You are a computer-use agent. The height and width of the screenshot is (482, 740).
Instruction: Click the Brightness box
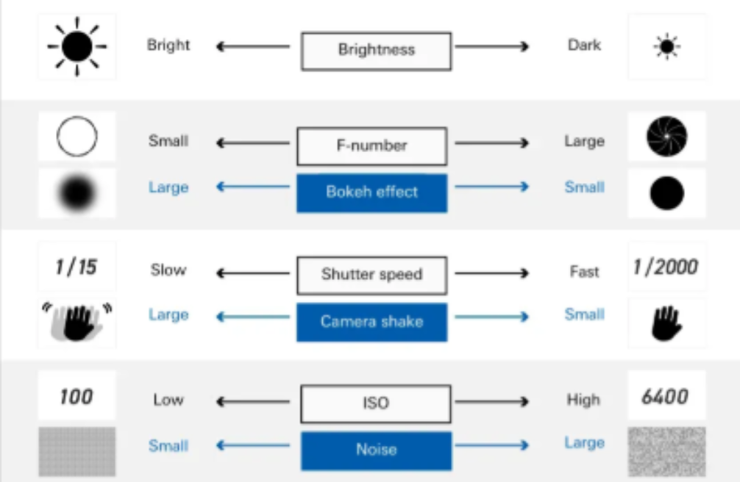[x=376, y=50]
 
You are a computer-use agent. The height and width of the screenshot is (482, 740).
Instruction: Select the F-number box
[x=371, y=145]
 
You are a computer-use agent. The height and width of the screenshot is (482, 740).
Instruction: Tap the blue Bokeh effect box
[x=371, y=193]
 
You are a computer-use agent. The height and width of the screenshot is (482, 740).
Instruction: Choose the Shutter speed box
[x=371, y=275]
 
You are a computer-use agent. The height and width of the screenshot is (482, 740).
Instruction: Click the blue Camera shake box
[x=371, y=322]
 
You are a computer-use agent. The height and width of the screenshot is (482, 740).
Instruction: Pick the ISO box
[x=376, y=403]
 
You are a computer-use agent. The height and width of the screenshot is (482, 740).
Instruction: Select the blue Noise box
[x=376, y=450]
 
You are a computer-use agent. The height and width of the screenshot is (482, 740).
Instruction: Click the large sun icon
[x=77, y=46]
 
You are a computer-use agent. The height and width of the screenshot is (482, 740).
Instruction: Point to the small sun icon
[x=666, y=47]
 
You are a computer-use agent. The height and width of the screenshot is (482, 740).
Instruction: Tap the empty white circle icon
[x=77, y=137]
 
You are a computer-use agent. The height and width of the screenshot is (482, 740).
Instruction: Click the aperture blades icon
[x=666, y=136]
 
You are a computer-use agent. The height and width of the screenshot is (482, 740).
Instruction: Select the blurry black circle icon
[x=77, y=193]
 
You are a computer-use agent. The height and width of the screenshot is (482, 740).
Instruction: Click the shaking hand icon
[x=77, y=321]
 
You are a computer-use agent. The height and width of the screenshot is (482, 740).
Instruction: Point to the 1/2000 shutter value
[x=666, y=266]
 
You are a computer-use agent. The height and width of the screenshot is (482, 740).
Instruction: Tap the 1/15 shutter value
[x=76, y=266]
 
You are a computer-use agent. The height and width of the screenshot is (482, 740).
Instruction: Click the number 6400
[x=665, y=398]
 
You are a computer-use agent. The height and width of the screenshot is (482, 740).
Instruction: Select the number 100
[x=76, y=398]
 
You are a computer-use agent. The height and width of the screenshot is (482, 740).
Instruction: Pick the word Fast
[x=584, y=272]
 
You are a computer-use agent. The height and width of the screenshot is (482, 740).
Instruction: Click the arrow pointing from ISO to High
[x=491, y=402]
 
